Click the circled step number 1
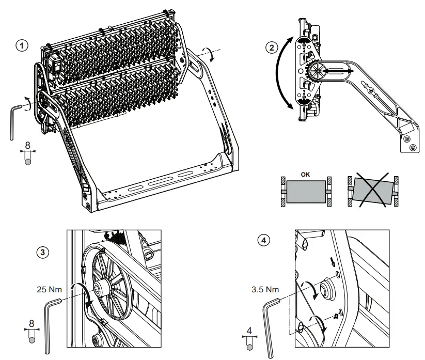tap(22, 45)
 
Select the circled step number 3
tap(43, 253)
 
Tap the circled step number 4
tap(264, 240)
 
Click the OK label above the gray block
tap(306, 174)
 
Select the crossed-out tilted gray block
tap(369, 192)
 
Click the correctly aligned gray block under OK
tap(306, 191)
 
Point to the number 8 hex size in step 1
tap(27, 146)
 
